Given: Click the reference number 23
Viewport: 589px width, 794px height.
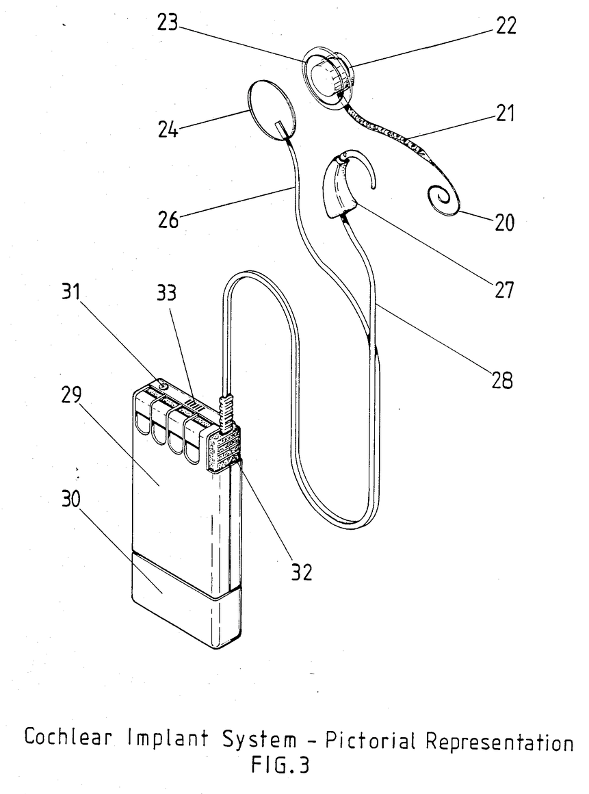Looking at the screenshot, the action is tap(168, 23).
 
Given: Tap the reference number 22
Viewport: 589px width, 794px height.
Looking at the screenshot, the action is tap(506, 26).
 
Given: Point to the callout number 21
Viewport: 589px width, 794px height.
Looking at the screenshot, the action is tap(504, 114).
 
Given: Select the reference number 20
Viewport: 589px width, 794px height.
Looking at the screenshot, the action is tap(504, 222).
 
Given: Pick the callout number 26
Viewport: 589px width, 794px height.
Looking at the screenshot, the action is tap(168, 220).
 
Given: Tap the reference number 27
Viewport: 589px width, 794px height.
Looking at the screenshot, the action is tap(504, 290).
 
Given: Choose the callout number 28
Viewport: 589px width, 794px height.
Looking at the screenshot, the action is tap(502, 380).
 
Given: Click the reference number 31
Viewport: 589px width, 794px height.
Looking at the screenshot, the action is tap(71, 292).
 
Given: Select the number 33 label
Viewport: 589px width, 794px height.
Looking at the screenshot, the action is tap(166, 292).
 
